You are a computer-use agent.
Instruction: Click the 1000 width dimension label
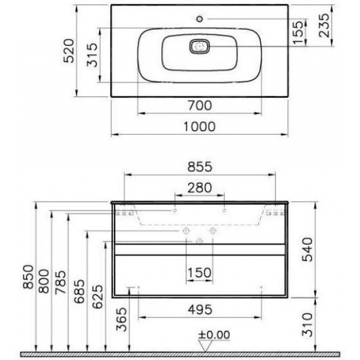click(199, 126)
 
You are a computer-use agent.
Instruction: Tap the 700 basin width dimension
click(200, 106)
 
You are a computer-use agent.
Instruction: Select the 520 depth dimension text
click(69, 51)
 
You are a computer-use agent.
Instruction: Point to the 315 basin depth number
click(92, 55)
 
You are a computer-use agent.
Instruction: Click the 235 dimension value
click(324, 25)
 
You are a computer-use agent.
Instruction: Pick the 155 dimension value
click(298, 32)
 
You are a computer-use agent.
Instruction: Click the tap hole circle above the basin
click(200, 19)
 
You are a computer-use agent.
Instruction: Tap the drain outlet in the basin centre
click(199, 47)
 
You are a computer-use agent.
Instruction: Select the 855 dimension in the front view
click(200, 167)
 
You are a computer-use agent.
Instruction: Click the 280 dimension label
click(199, 188)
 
